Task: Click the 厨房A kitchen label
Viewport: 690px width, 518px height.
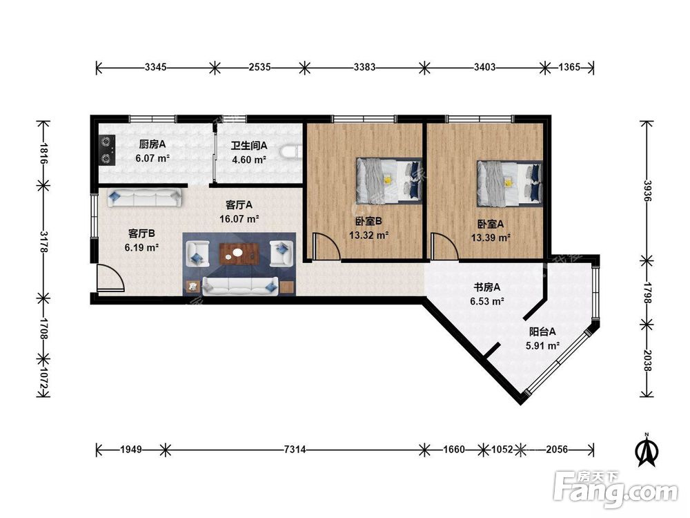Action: click(x=152, y=144)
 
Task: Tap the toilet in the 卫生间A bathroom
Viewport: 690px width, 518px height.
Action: click(x=291, y=151)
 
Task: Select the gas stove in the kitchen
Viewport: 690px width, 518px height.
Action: click(x=106, y=150)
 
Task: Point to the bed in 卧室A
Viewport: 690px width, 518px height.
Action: click(x=510, y=184)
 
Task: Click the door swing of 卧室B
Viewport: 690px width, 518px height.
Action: click(x=326, y=247)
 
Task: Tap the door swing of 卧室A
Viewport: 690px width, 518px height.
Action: click(x=445, y=247)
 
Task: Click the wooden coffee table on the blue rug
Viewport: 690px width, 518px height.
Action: click(x=239, y=253)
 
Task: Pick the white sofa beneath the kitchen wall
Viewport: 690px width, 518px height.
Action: click(x=144, y=198)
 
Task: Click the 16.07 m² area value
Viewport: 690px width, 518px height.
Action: click(x=239, y=218)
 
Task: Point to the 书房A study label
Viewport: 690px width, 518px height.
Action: click(x=486, y=287)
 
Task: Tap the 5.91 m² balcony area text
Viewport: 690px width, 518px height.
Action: click(x=542, y=346)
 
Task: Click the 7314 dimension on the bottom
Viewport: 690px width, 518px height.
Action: click(x=295, y=450)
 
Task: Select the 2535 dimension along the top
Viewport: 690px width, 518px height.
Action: click(x=259, y=68)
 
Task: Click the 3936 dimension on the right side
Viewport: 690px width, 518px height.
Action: click(x=647, y=191)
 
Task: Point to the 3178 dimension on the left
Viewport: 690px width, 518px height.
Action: click(x=43, y=241)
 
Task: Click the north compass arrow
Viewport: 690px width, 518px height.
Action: click(x=647, y=450)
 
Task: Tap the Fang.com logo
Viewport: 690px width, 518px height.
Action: click(x=615, y=488)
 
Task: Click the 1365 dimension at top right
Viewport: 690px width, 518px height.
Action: click(x=569, y=68)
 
